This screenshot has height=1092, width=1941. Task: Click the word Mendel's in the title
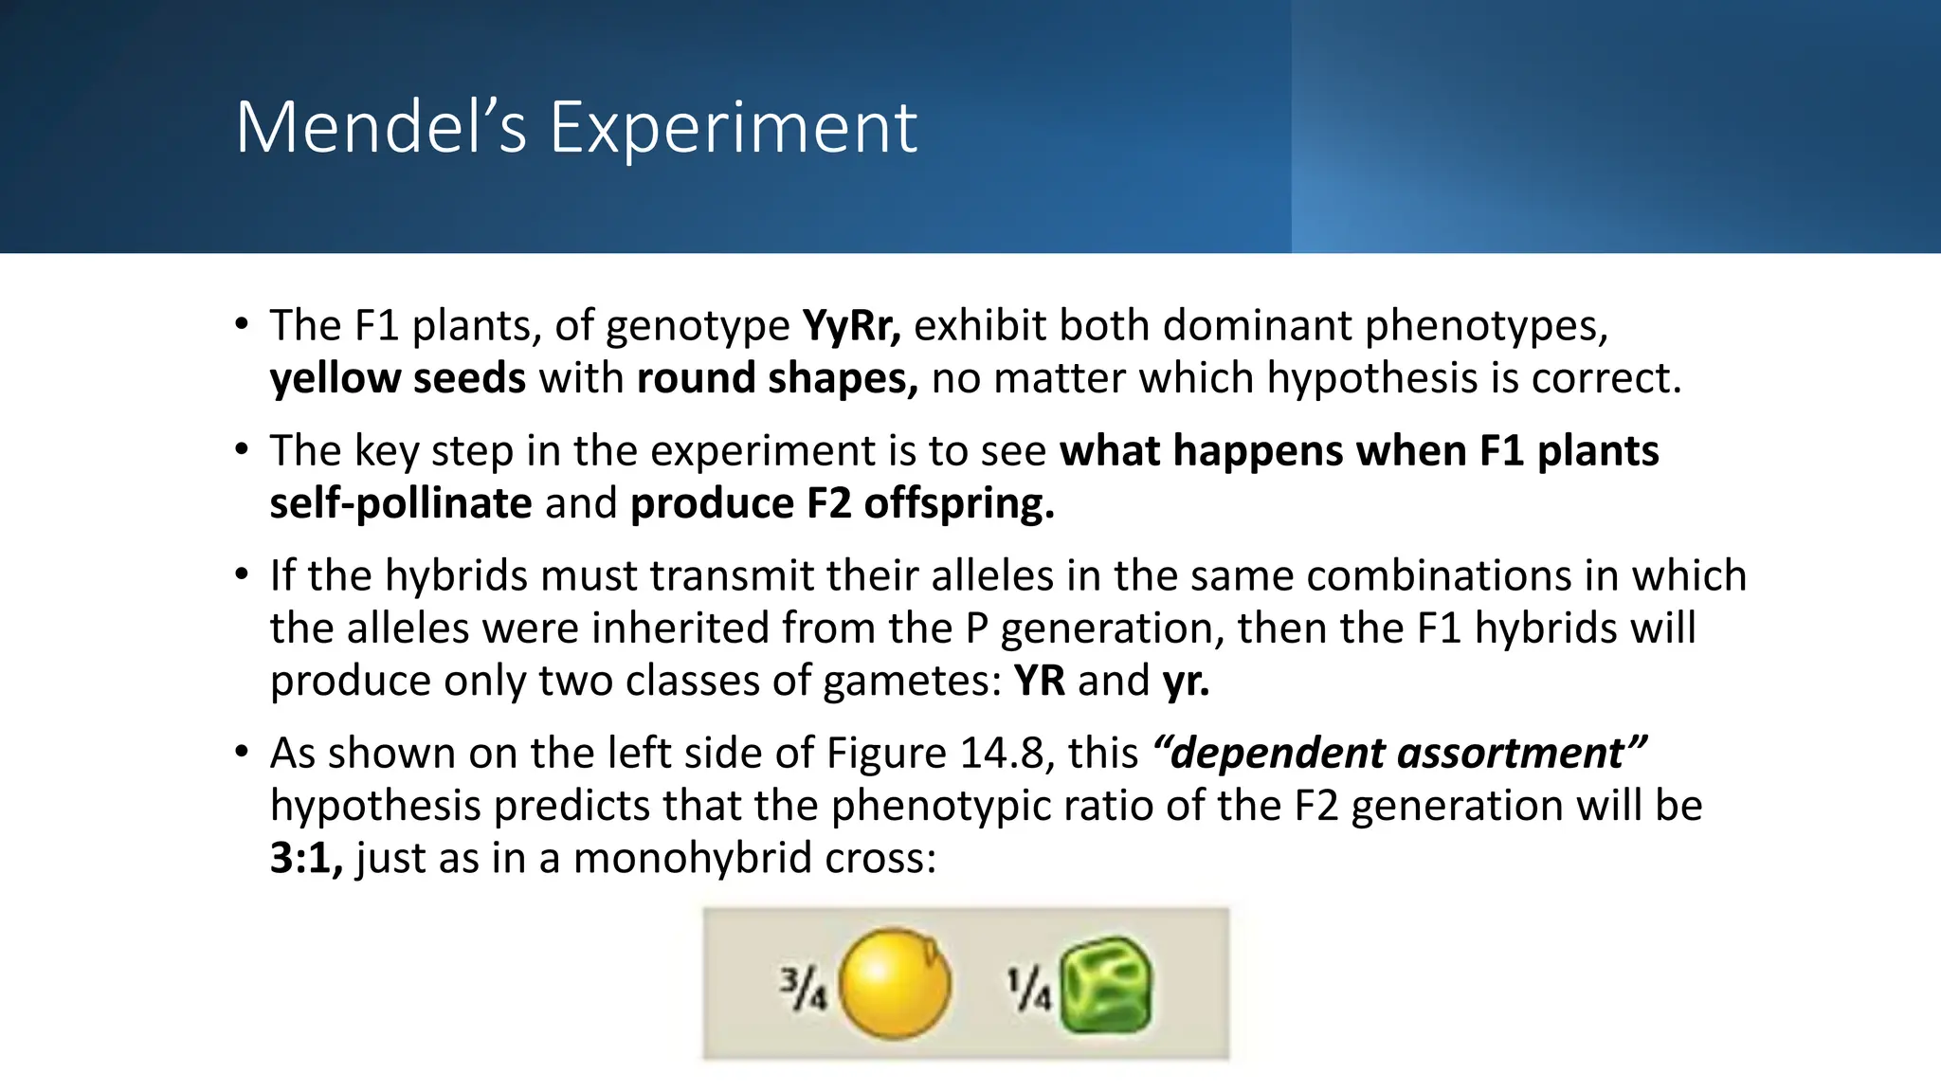coord(380,127)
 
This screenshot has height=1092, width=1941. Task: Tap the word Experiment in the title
coord(733,127)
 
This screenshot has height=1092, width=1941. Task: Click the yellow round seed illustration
coord(894,984)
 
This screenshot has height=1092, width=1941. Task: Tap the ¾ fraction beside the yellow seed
coord(803,988)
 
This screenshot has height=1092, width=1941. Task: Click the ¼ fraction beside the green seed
coord(1028,988)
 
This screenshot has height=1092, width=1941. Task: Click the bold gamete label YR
coord(1039,681)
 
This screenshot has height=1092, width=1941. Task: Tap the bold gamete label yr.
coord(1186,681)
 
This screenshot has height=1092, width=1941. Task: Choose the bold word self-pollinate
coord(401,502)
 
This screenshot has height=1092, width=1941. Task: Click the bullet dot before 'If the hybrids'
coord(243,574)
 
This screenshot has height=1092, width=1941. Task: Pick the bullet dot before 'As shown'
coord(243,752)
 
